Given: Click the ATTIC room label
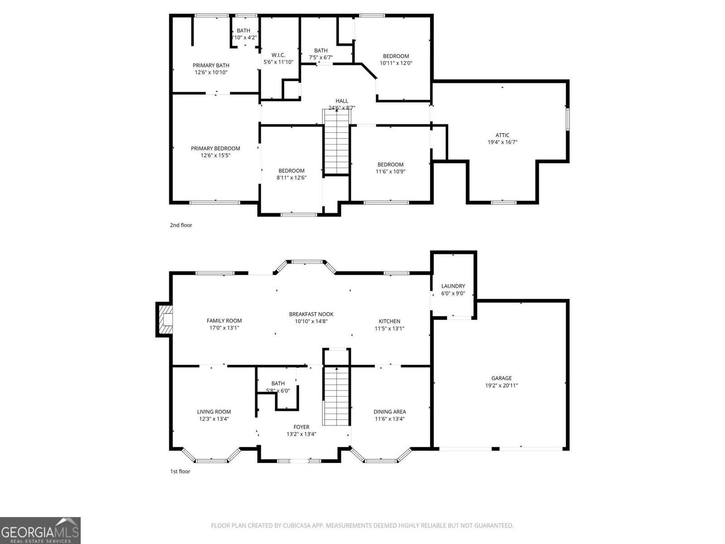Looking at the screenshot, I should point(502,135).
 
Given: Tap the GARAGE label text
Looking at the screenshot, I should point(501,378).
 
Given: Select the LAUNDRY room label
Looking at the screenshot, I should point(453,286).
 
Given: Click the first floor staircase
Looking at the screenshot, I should point(336,396).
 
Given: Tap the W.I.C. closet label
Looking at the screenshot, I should point(278,55).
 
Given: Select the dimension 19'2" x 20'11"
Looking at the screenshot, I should point(501,386).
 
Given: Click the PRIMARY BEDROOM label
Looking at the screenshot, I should point(215,148).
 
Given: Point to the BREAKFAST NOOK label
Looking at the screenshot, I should point(311,314).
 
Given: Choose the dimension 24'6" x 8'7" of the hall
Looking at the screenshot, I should point(342,108).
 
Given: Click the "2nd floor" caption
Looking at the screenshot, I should point(181,225).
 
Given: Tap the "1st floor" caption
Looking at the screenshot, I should point(180,471).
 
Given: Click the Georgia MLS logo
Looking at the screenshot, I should point(40,530).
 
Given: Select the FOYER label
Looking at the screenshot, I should point(301,427).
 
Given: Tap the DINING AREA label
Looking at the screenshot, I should point(390,412).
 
